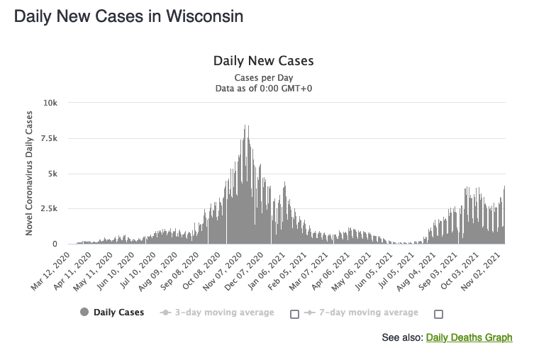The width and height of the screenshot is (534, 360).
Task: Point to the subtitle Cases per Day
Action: point(263,77)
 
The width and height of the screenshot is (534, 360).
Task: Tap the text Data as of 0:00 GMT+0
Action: point(263,88)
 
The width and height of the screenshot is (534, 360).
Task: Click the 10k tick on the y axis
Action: point(51,103)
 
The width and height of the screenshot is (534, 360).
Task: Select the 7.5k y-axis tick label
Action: point(49,138)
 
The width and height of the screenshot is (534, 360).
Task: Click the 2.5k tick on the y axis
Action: point(49,208)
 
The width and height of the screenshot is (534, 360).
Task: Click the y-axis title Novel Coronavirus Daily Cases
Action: point(29,174)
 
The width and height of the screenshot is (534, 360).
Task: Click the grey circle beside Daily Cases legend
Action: point(85,313)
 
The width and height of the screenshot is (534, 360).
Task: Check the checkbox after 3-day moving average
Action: point(294,314)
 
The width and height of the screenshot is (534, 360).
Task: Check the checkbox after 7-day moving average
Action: point(438,314)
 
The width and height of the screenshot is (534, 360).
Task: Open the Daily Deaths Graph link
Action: point(469,337)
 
